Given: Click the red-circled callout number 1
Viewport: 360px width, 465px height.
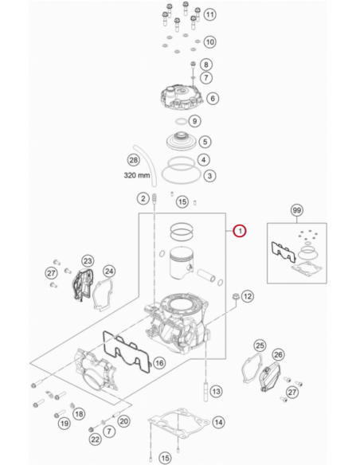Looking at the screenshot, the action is point(240,231).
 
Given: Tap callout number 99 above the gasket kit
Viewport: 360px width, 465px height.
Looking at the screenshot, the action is point(296,210).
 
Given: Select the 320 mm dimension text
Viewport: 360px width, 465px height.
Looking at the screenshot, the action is point(137,175).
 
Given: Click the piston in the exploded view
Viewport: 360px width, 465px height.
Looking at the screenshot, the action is point(182,263).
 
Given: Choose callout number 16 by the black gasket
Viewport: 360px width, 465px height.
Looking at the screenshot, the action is point(159,363).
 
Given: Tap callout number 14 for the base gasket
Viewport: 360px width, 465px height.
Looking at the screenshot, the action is point(218,422).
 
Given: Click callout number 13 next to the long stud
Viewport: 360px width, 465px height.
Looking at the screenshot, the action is point(216,392).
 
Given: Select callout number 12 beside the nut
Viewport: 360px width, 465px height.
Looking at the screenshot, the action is point(248,296).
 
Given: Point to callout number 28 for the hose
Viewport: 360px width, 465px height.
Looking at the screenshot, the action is point(134,160).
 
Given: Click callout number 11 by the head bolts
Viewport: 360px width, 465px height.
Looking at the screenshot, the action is point(209,14).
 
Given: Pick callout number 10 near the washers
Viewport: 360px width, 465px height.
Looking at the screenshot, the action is point(209,42).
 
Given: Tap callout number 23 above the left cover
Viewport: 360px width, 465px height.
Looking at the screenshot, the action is point(88,261).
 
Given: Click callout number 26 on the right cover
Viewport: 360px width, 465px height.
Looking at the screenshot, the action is point(278,354).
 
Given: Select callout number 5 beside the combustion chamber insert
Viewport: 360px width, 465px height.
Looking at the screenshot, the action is point(205,142).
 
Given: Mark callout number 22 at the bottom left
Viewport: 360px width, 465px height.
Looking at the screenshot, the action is point(96,440).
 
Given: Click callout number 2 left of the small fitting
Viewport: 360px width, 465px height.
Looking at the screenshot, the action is point(143,198).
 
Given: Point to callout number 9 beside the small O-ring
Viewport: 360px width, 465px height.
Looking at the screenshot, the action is point(194,121).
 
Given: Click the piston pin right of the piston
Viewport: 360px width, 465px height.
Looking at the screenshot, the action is point(206,275).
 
